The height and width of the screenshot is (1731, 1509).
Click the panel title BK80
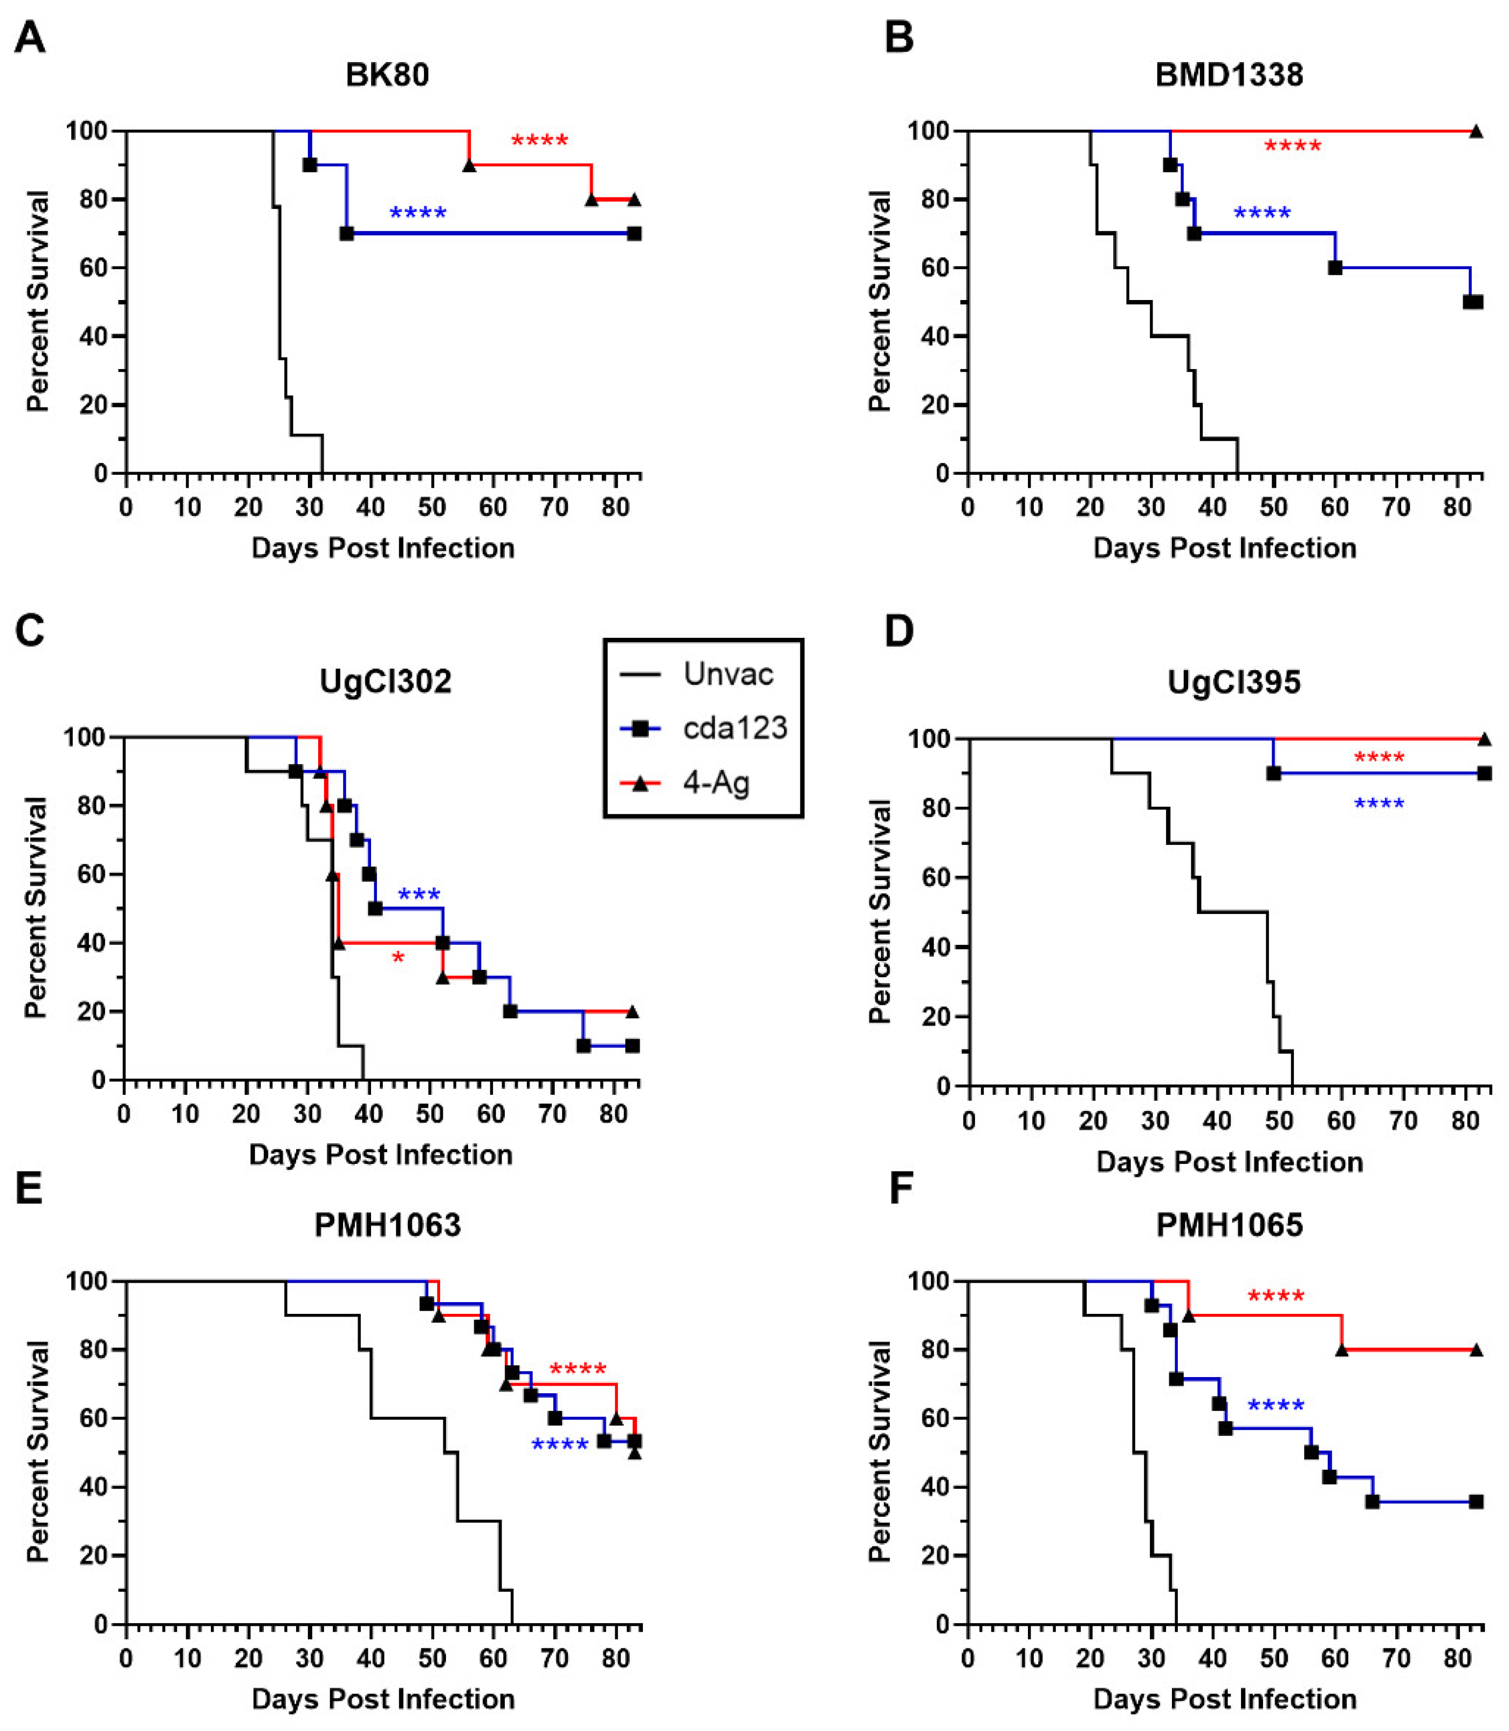387,75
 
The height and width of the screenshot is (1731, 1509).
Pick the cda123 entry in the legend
735,728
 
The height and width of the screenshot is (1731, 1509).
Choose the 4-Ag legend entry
716,782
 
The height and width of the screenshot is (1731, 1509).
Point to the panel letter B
900,38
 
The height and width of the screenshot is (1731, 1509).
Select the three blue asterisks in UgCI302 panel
419,895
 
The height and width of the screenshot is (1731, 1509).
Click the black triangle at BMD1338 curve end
1476,132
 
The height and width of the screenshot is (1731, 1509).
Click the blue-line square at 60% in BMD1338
1335,268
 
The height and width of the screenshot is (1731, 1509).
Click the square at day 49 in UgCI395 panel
1273,773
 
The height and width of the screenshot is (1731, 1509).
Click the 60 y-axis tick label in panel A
100,268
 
